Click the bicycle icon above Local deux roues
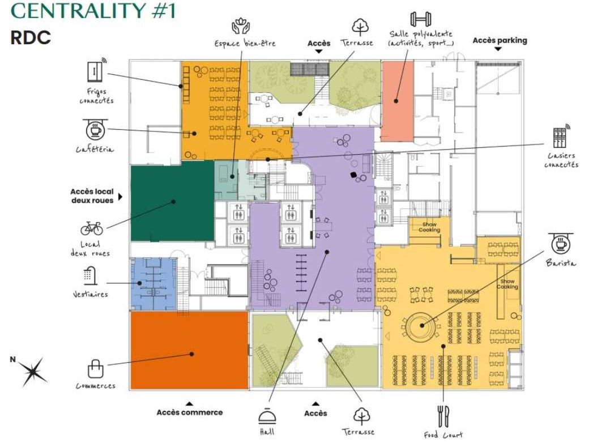[92, 228]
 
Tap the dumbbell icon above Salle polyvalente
[420, 18]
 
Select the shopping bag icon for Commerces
[95, 369]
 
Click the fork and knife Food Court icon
[443, 416]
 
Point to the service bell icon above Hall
[267, 416]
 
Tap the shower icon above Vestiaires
[90, 275]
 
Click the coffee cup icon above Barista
[561, 244]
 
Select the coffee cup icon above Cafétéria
[95, 130]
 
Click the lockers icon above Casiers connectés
[561, 136]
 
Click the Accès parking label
[500, 40]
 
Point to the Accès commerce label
[190, 413]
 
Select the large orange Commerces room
[189, 350]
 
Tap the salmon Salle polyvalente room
[396, 99]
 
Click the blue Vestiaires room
[153, 284]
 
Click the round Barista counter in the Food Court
[421, 325]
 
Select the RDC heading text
[31, 37]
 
